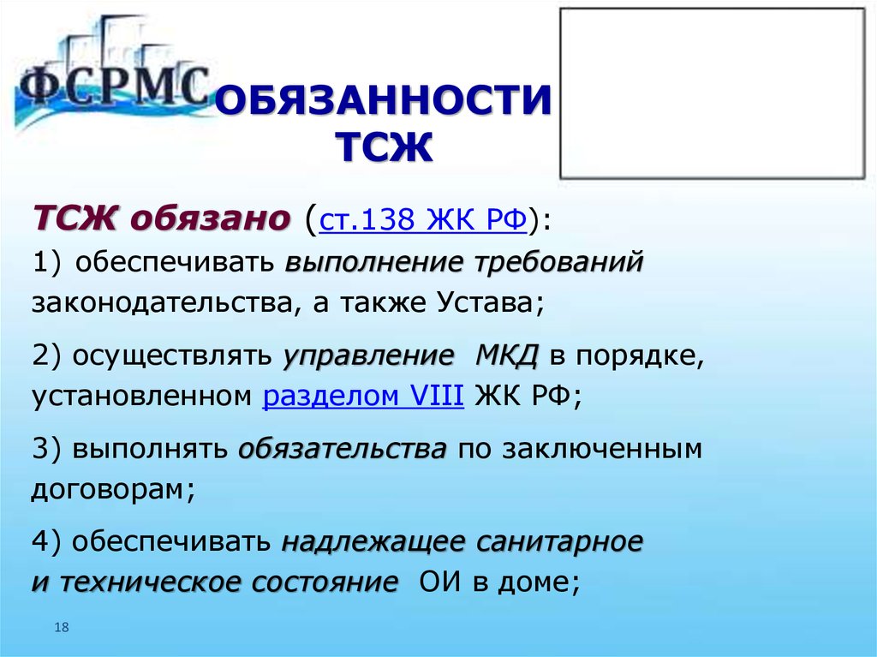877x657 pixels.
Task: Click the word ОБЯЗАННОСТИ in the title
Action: (383, 101)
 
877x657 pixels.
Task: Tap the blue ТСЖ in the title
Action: (385, 147)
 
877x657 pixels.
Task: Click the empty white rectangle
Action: (713, 93)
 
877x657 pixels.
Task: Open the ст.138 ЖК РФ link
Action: (423, 219)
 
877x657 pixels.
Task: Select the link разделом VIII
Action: (363, 396)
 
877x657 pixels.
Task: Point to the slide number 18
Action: (62, 627)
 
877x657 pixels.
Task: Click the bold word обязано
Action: (211, 218)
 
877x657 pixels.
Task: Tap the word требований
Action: (559, 262)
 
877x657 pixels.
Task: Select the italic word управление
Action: (368, 356)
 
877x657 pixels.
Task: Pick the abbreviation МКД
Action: (507, 356)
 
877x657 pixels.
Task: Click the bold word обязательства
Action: (343, 450)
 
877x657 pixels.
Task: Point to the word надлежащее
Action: (373, 541)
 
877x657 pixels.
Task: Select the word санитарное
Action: (560, 541)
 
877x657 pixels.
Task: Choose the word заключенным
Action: (602, 450)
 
